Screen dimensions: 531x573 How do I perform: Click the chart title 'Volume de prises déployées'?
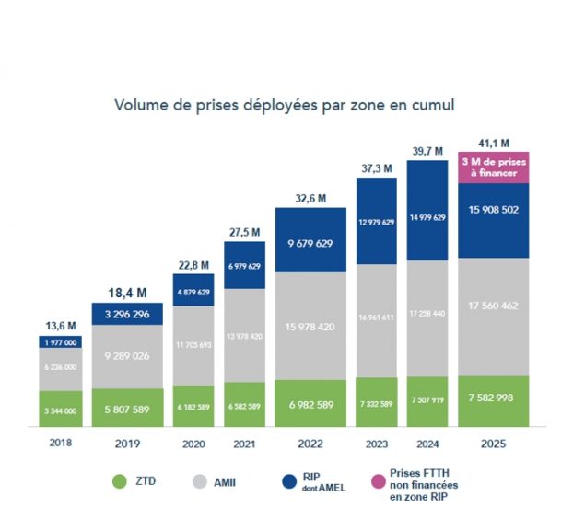coord(285,105)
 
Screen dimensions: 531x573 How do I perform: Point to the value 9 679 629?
coord(310,244)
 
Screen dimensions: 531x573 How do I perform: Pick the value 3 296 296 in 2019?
coord(128,313)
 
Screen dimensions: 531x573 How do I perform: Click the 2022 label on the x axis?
coord(310,443)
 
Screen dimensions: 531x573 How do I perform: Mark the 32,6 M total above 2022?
coord(310,197)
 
